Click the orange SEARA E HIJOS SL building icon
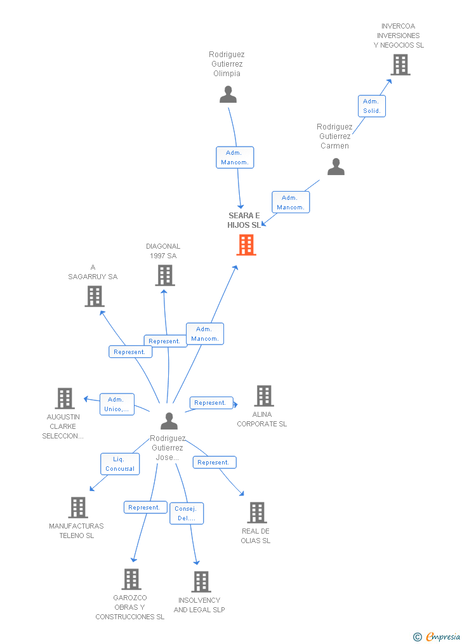[246, 245]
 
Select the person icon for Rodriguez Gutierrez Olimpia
[228, 95]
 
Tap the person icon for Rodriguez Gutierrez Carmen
[336, 167]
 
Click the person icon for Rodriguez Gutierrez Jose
[169, 421]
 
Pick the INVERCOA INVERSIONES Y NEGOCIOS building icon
[400, 65]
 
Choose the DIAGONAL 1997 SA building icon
[165, 275]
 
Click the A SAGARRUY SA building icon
[94, 296]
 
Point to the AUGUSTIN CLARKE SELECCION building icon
[65, 398]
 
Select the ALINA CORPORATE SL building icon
[263, 396]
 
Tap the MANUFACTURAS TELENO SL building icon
[78, 508]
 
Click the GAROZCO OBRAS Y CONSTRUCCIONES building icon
[131, 579]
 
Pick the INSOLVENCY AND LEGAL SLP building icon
[201, 582]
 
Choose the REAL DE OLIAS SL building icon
[256, 513]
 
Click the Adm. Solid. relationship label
[371, 106]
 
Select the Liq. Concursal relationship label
[120, 464]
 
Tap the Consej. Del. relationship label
[186, 513]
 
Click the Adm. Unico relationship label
[117, 404]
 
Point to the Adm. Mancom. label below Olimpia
[235, 157]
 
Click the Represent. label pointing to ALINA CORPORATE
[210, 403]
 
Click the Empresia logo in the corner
[438, 636]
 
